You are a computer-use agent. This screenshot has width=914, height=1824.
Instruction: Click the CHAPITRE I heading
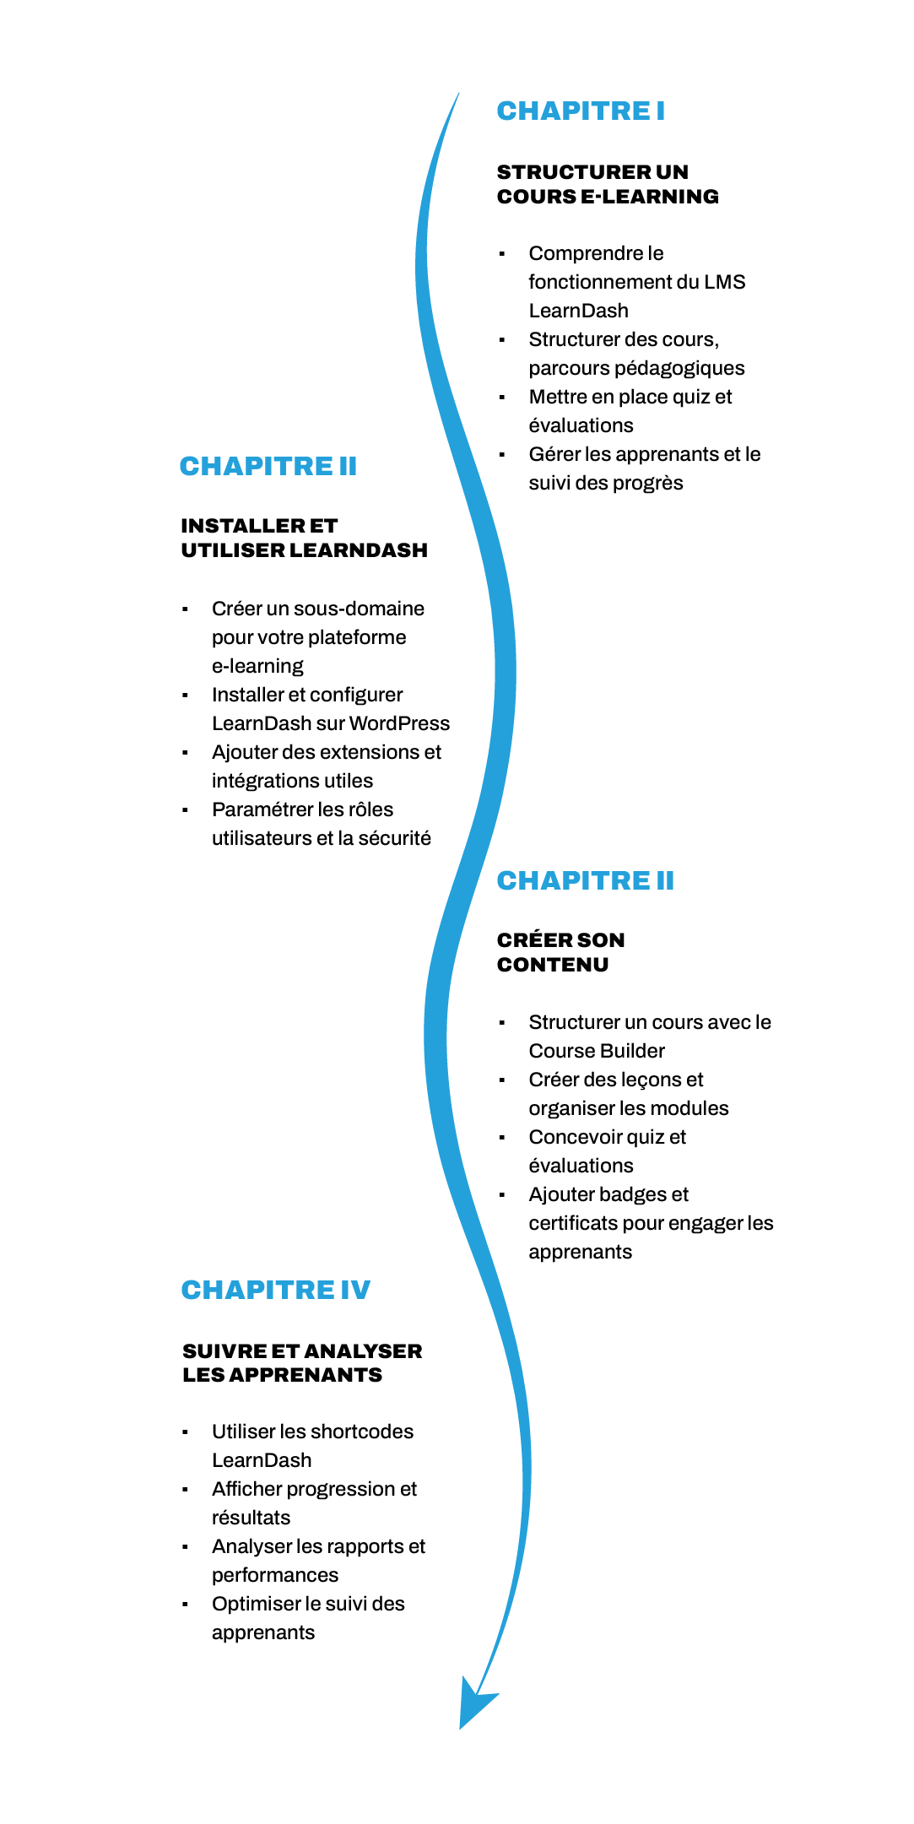[x=581, y=111]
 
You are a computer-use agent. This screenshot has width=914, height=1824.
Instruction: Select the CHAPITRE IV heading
[x=276, y=1290]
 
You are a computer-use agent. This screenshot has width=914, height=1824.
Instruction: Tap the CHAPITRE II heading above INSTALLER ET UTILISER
[x=268, y=466]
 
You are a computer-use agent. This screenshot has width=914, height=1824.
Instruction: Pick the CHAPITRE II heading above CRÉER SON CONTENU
[x=586, y=880]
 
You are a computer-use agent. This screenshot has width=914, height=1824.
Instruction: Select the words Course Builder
[x=597, y=1051]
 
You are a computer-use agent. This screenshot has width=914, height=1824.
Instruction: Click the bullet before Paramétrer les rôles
[x=185, y=810]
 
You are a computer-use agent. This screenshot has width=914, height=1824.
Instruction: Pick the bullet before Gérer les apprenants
[x=502, y=455]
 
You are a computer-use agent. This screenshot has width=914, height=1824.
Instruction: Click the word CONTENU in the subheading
[x=553, y=965]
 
